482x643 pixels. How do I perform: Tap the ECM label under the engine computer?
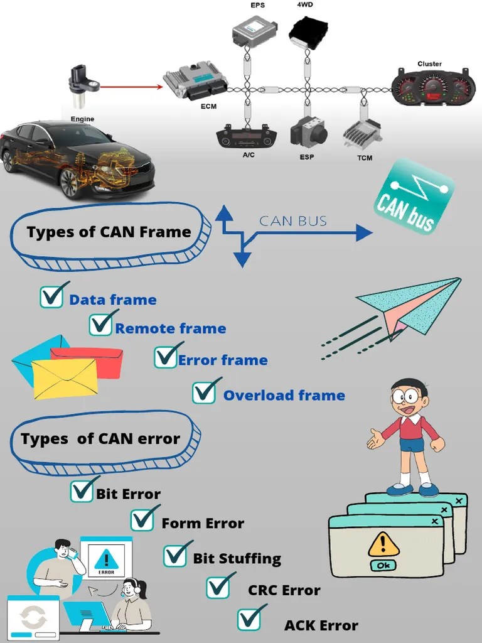coord(208,106)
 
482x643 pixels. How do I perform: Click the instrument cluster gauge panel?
coord(429,89)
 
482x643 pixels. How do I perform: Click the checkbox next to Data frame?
coord(51,297)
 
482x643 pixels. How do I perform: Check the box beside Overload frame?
coord(205,393)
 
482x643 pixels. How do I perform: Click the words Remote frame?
coord(170,328)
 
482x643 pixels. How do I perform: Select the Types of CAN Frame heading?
coord(109,232)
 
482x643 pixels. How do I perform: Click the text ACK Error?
coord(321,625)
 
